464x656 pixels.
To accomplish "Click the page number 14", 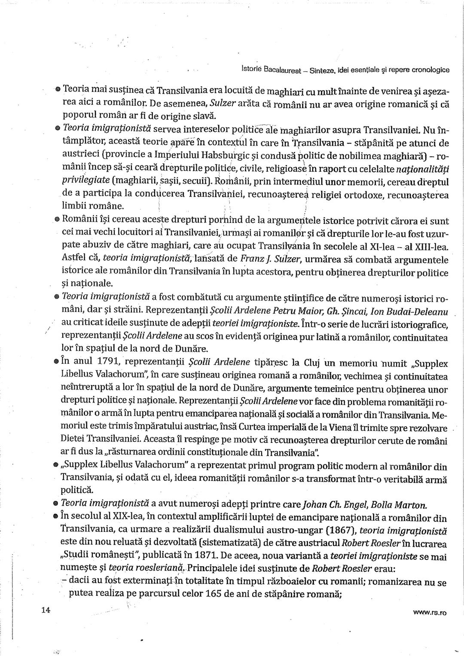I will pyautogui.click(x=46, y=611).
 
